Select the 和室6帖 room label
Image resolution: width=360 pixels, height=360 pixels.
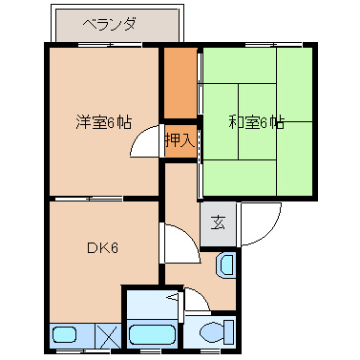[x=256, y=122]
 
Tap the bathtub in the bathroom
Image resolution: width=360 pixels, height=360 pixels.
[x=150, y=334]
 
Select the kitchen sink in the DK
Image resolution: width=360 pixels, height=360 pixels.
[x=67, y=335]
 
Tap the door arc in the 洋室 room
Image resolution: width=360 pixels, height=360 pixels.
[x=145, y=143]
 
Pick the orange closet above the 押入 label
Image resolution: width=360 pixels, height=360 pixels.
[x=179, y=84]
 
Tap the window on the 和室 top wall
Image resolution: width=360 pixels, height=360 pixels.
[x=256, y=45]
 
